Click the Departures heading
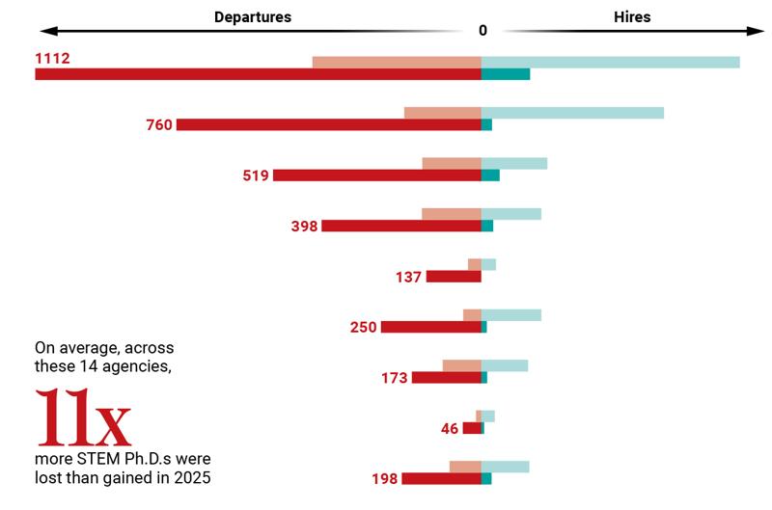(x=254, y=17)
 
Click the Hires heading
(x=632, y=17)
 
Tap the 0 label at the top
(x=482, y=30)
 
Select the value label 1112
(x=52, y=59)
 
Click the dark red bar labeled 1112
(x=258, y=74)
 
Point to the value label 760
(x=159, y=125)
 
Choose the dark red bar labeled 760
(x=328, y=124)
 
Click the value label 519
(x=256, y=175)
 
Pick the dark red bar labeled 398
(x=400, y=226)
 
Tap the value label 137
(x=409, y=277)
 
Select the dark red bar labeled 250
(x=430, y=327)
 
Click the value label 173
(x=395, y=378)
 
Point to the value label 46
(x=450, y=428)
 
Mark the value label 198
(x=384, y=479)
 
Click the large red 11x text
(x=83, y=416)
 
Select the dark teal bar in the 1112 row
(x=506, y=74)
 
